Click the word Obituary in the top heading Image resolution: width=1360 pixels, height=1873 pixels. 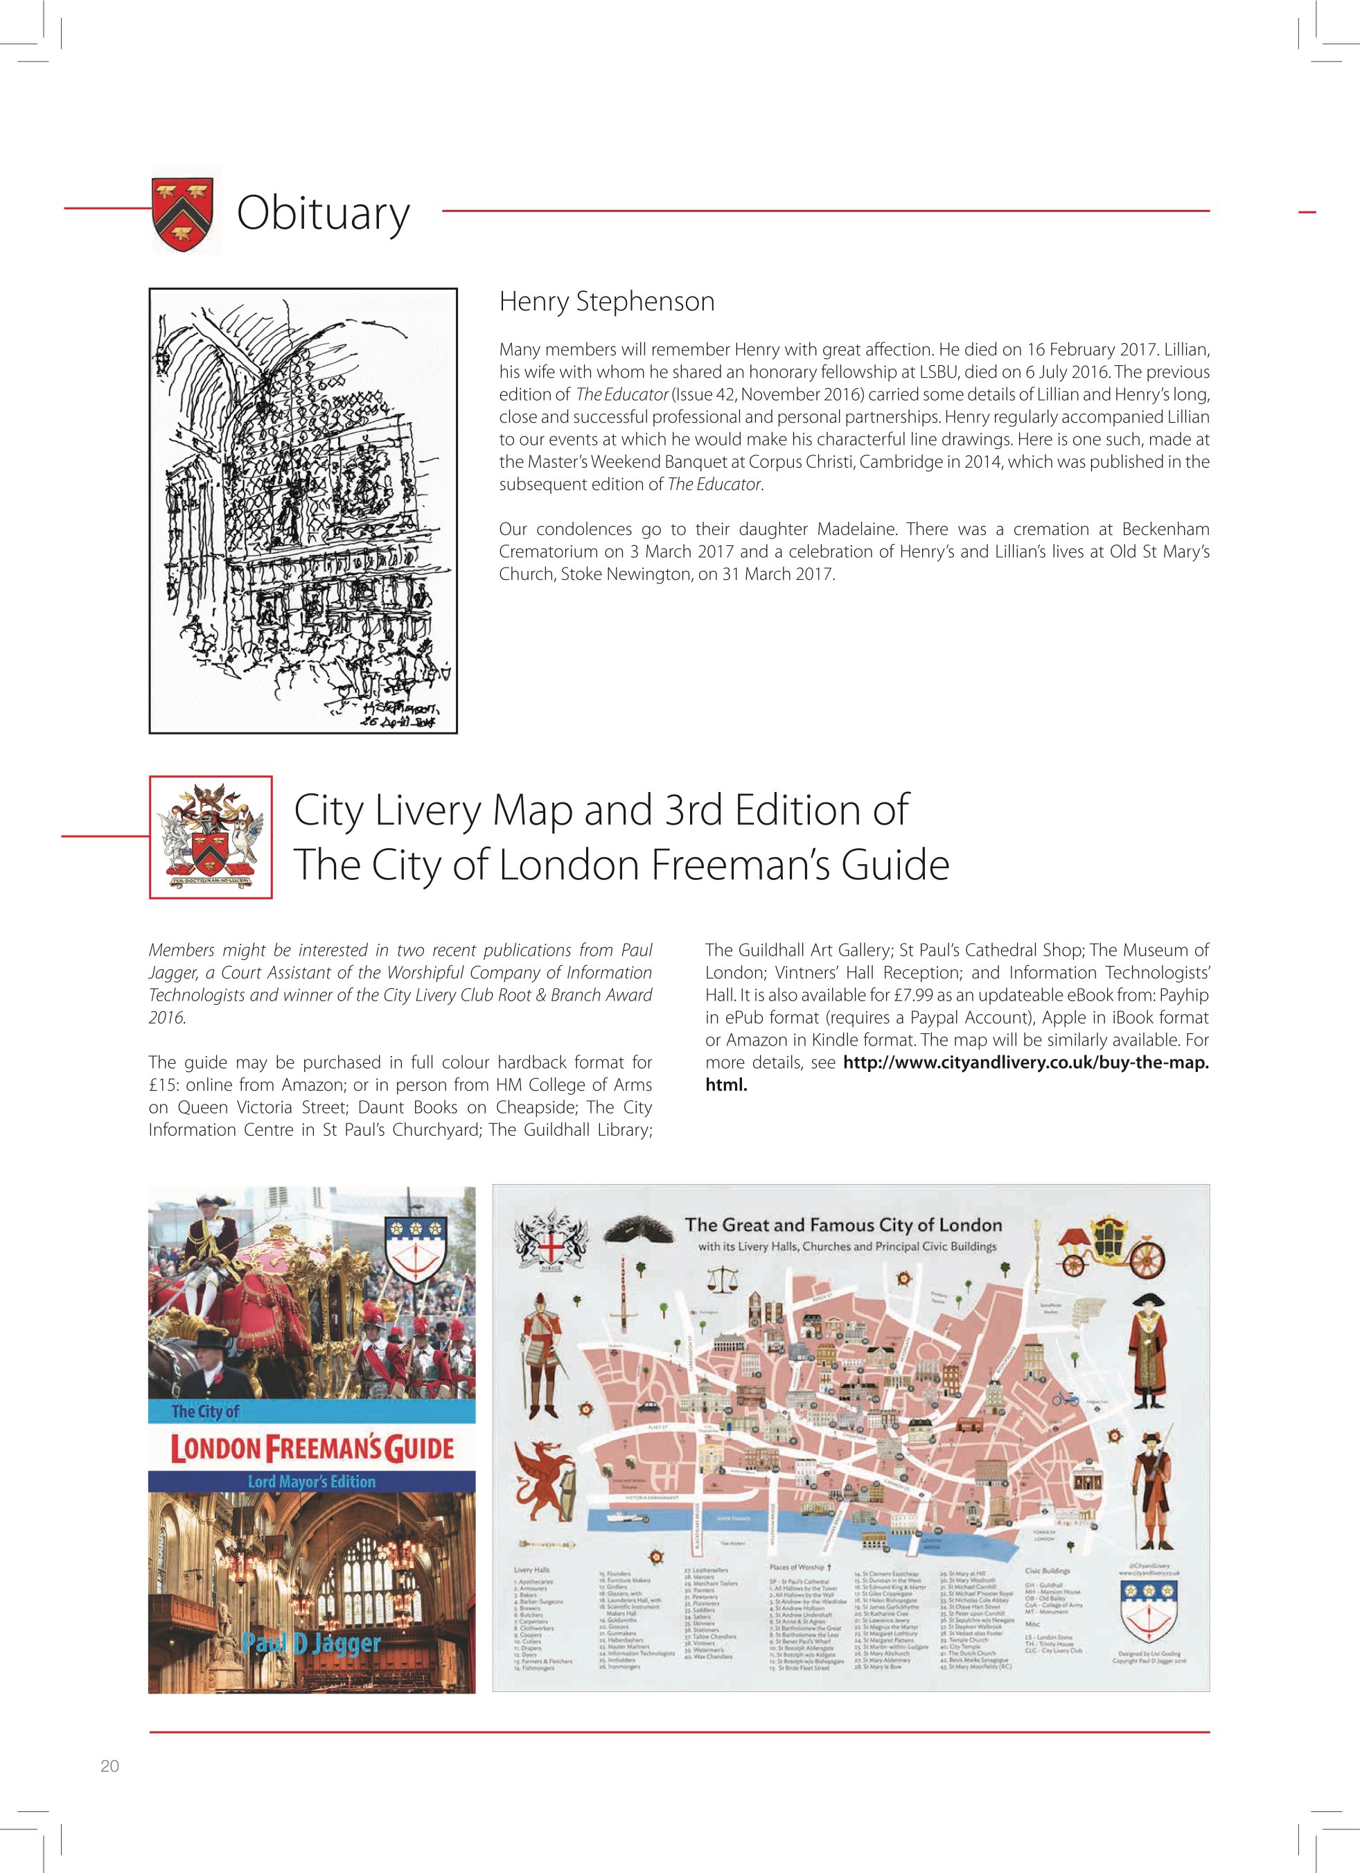point(323,213)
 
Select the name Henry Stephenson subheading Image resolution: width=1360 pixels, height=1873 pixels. point(607,301)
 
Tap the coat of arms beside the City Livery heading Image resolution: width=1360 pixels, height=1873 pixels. point(211,836)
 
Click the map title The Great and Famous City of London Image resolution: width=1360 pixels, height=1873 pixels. point(843,1226)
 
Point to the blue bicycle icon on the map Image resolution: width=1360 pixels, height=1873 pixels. point(1066,1398)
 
